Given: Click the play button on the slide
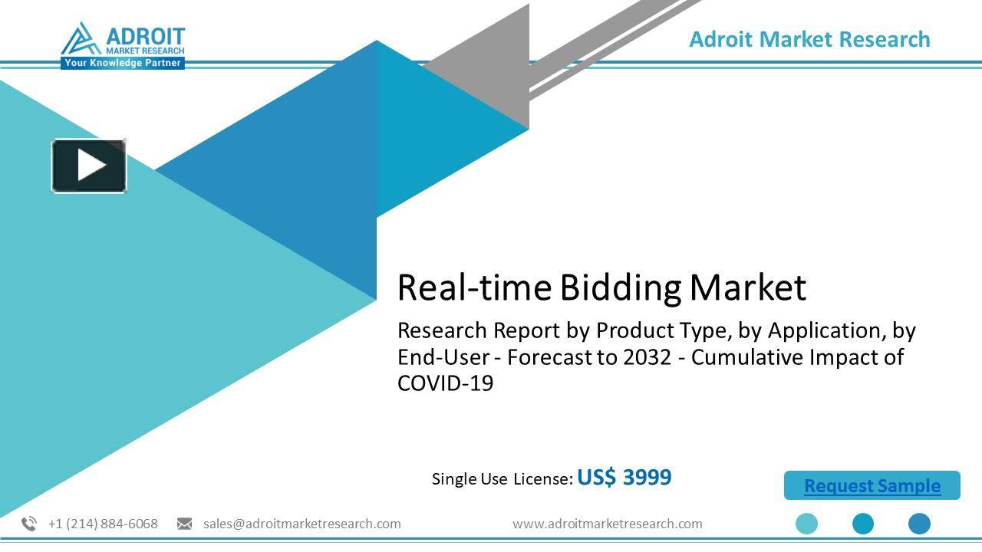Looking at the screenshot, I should [x=89, y=166].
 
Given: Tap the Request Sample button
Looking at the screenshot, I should [x=872, y=485].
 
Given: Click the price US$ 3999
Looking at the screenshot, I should [x=624, y=477].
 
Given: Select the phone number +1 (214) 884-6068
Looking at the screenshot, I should [x=103, y=524].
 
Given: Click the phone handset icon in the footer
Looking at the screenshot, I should [x=29, y=524].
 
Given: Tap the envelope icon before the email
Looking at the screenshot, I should [x=184, y=524].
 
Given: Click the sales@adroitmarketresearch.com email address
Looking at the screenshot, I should [x=302, y=524].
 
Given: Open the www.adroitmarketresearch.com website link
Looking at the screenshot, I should [x=607, y=524].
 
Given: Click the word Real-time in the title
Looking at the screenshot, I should [x=473, y=287].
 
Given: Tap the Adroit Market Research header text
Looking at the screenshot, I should [x=809, y=39].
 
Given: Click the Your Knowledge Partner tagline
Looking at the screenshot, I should [x=123, y=63].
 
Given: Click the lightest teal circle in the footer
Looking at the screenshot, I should [x=806, y=524].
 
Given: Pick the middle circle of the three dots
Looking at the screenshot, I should [x=863, y=524].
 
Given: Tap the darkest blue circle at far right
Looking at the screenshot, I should [x=919, y=524].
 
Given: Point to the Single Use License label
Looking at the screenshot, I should [x=502, y=479].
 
